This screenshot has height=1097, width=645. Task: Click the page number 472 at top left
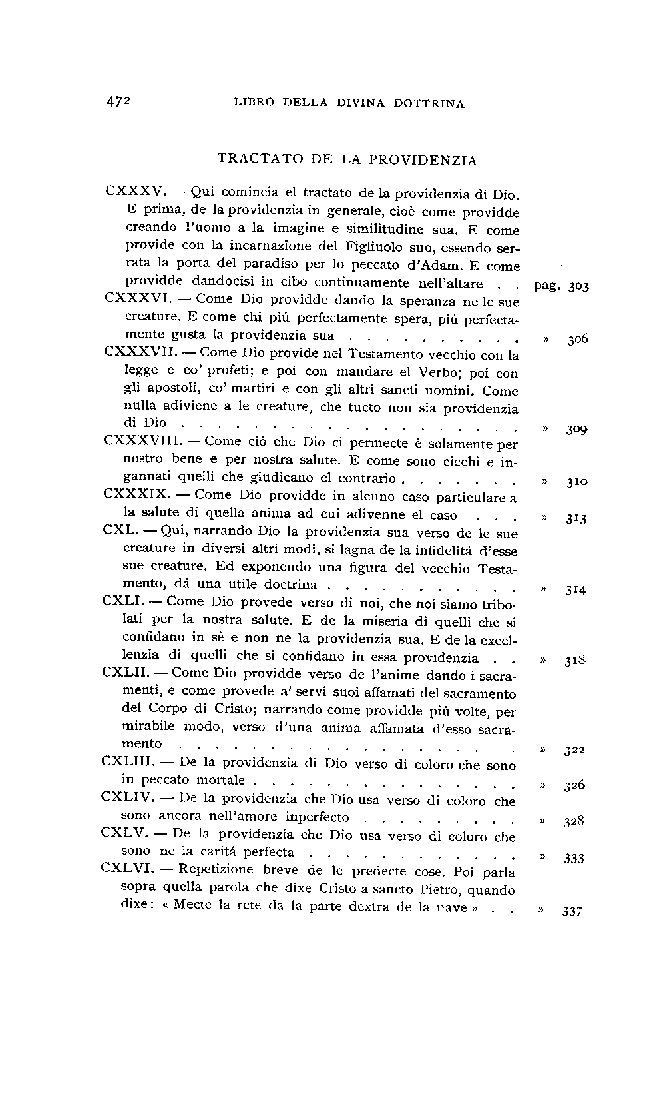click(x=120, y=102)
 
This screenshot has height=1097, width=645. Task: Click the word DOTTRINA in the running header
click(x=429, y=103)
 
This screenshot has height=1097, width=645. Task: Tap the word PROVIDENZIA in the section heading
click(x=423, y=161)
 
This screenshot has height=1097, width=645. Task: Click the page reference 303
click(x=579, y=287)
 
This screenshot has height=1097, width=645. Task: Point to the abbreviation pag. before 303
click(x=549, y=287)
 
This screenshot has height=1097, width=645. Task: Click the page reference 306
click(x=578, y=340)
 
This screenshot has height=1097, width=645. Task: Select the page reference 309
click(x=576, y=430)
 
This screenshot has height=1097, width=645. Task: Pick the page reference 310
click(x=576, y=482)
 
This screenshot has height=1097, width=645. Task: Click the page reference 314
click(x=575, y=590)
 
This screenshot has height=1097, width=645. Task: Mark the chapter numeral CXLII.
click(x=125, y=672)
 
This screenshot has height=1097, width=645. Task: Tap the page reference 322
click(x=574, y=751)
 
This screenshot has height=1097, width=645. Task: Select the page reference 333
click(x=573, y=859)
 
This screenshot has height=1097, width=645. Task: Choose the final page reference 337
click(x=572, y=911)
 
